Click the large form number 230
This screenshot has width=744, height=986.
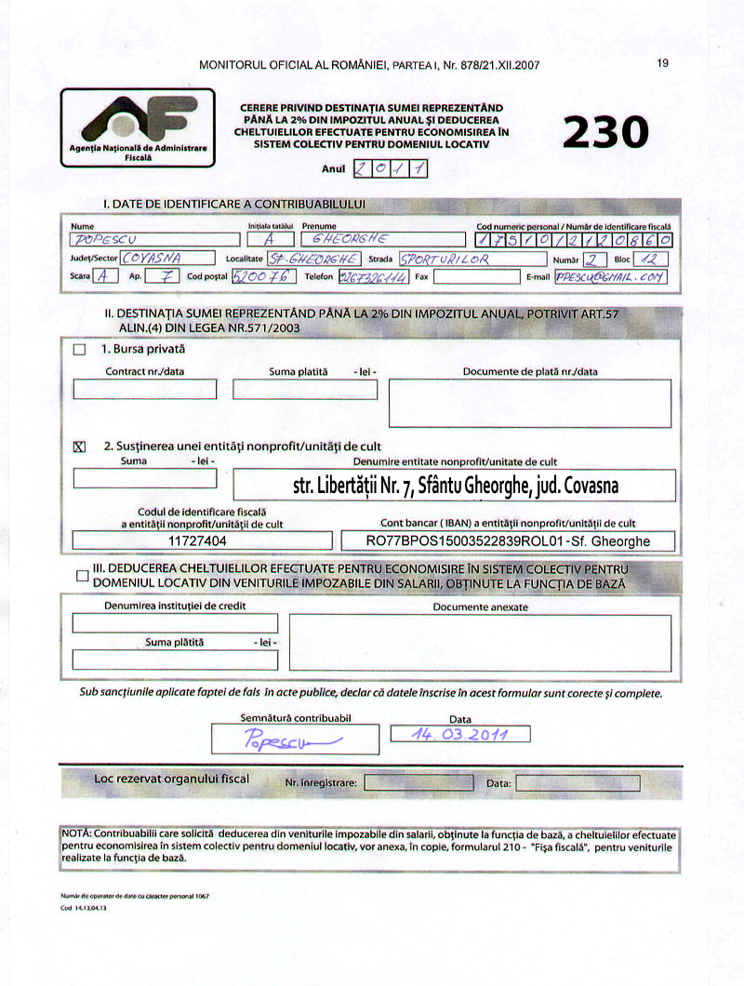(605, 131)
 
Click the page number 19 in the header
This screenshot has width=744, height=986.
(662, 63)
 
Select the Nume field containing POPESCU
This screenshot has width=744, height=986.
(154, 239)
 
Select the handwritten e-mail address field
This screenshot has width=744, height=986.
(610, 276)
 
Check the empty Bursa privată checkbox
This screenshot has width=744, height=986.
(79, 350)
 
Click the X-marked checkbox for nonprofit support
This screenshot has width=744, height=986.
(79, 446)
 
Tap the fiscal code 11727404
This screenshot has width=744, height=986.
(197, 540)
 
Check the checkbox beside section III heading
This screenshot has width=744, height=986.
(83, 576)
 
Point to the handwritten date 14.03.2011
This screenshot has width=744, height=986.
(460, 734)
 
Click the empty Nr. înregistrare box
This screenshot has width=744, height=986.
(418, 783)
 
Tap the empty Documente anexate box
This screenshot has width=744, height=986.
(479, 642)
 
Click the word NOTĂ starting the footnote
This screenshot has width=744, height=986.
(76, 834)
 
